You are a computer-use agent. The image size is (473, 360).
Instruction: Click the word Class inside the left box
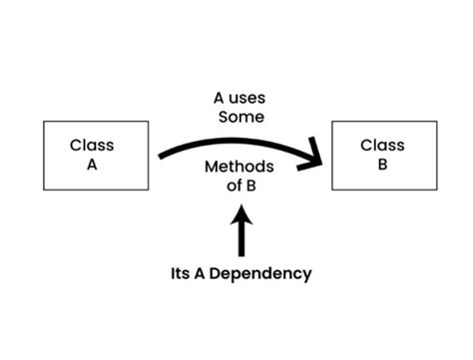tap(92, 146)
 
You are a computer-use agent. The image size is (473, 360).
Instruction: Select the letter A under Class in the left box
tap(92, 167)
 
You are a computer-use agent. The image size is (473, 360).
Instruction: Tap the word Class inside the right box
tap(382, 146)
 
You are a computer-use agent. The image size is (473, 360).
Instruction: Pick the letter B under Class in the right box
tap(382, 167)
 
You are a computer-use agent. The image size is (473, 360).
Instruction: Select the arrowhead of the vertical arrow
tap(241, 211)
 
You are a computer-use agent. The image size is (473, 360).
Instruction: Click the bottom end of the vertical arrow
tap(241, 255)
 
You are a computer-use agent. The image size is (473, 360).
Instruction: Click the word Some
tap(239, 118)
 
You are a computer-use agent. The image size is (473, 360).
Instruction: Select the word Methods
tap(239, 167)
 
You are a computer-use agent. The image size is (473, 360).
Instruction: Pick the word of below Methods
tap(228, 185)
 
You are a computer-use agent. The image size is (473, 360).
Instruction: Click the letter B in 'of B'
tap(251, 185)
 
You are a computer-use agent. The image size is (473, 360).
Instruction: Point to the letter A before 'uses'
tap(219, 99)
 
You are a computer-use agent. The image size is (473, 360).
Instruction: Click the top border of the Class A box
tap(96, 122)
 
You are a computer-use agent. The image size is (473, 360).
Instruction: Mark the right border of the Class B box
tap(437, 156)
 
